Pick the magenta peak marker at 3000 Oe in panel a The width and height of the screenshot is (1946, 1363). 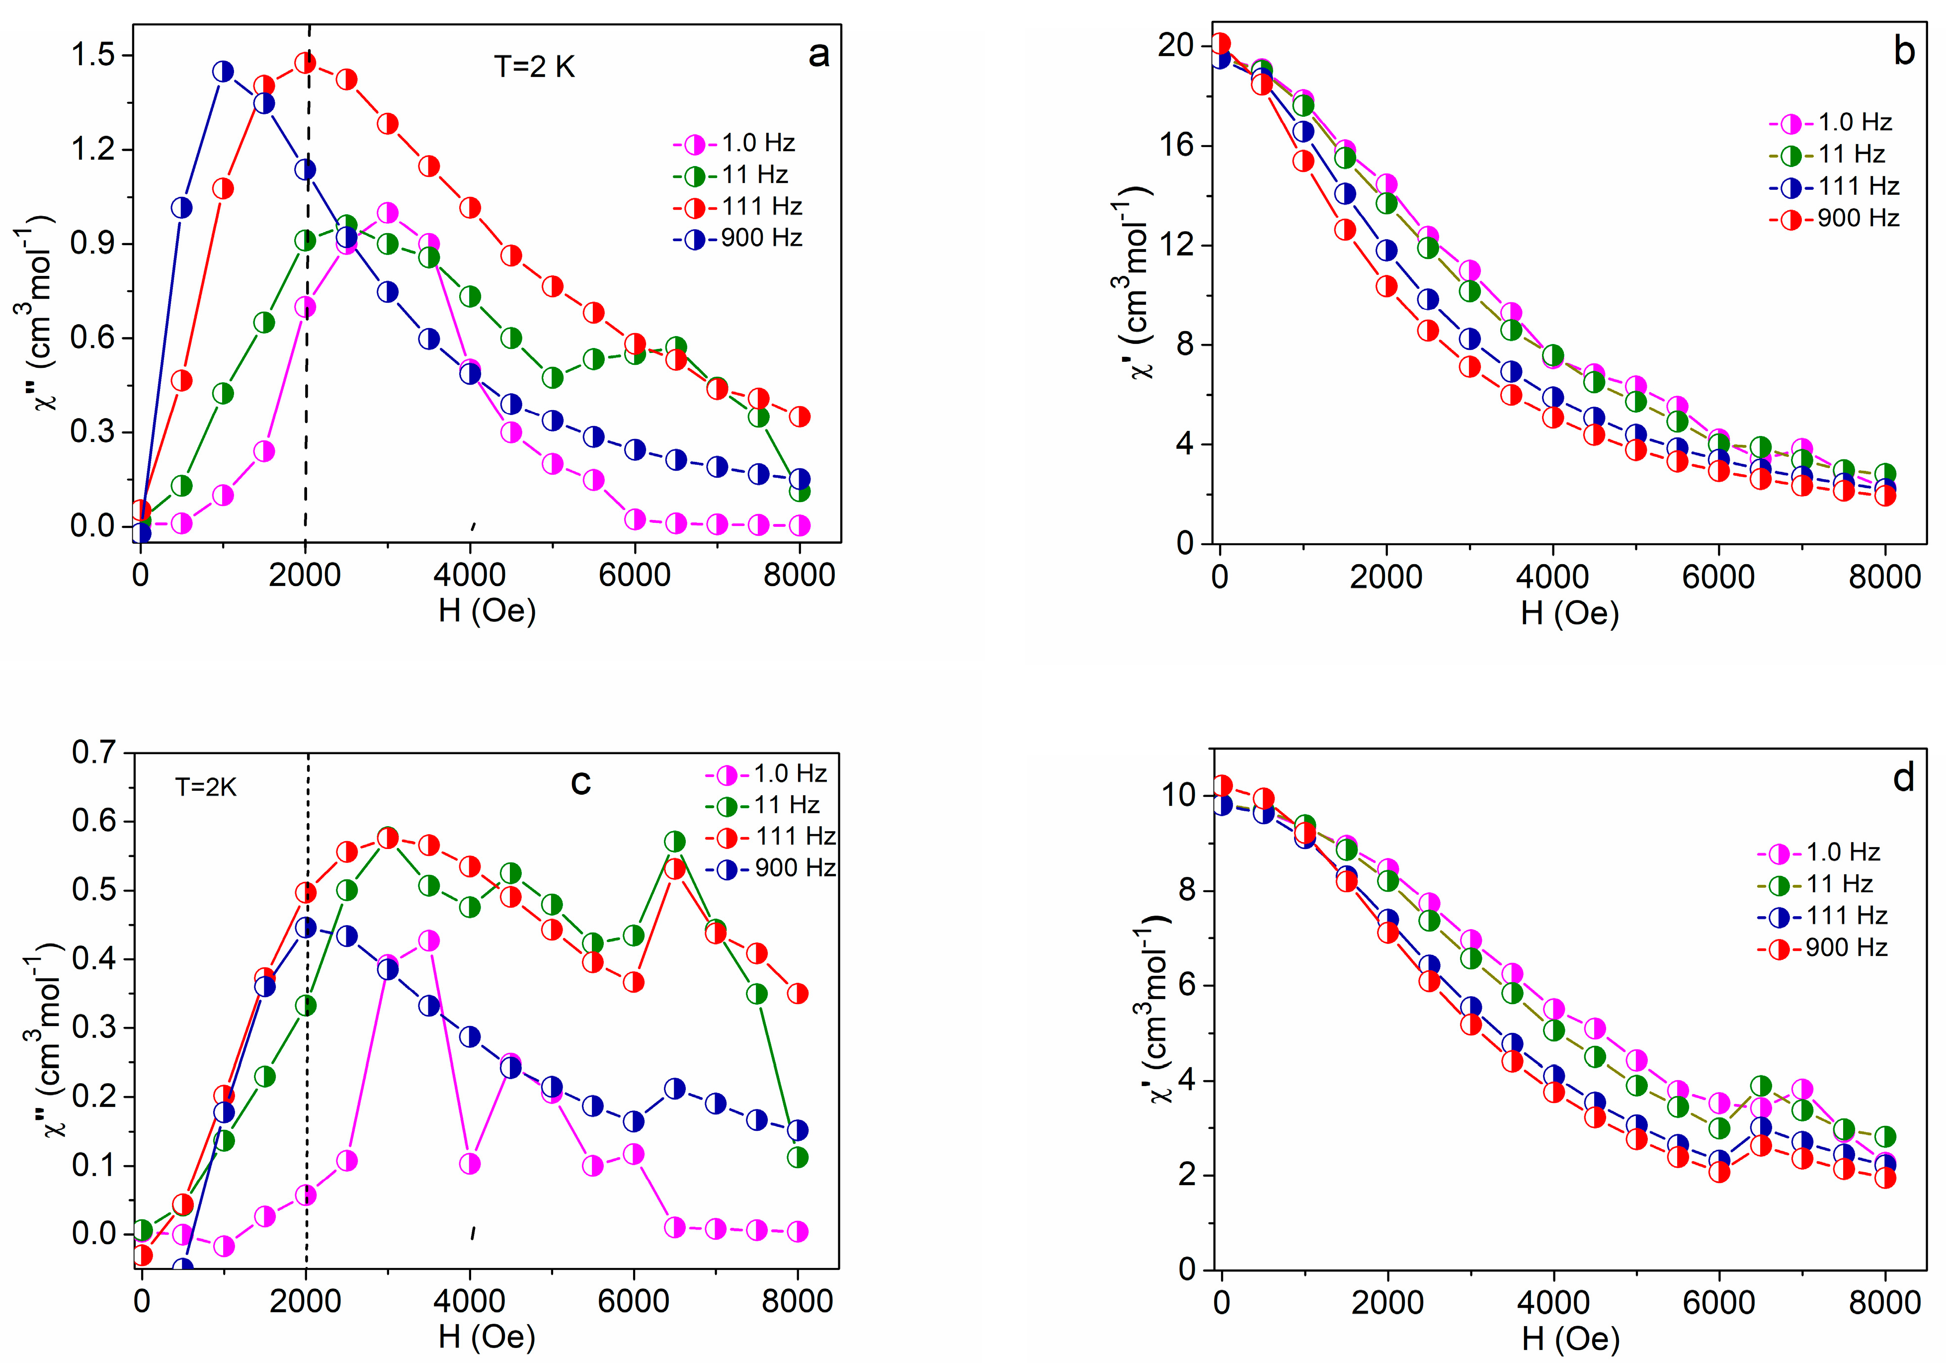387,213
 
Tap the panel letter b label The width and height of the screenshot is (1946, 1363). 1904,53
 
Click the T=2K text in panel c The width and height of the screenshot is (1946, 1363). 206,787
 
